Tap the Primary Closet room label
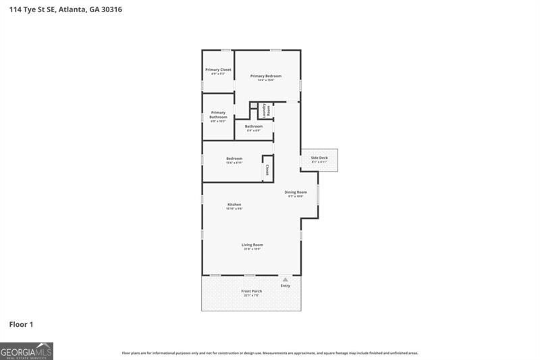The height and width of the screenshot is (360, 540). [218, 70]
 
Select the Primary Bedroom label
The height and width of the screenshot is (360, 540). [266, 76]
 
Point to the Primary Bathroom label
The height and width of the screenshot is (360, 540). [218, 115]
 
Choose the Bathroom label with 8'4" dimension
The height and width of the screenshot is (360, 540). [254, 126]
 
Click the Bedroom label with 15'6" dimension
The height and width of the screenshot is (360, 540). [234, 158]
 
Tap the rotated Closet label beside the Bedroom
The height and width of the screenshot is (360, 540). [267, 170]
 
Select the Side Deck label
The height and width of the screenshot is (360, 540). [319, 157]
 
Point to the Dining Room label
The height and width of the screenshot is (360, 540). [296, 192]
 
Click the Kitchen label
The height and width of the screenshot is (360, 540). [234, 204]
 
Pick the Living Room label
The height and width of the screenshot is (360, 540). [252, 245]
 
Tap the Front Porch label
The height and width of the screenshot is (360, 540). [252, 291]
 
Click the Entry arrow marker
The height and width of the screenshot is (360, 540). [286, 278]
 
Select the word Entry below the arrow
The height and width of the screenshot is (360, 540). [286, 286]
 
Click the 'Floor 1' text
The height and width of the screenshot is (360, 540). [21, 325]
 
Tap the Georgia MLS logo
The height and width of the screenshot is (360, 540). [27, 351]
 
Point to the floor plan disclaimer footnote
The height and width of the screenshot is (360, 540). [270, 353]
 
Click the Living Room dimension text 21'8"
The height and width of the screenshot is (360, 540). [252, 249]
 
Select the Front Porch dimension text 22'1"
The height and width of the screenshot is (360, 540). [252, 295]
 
